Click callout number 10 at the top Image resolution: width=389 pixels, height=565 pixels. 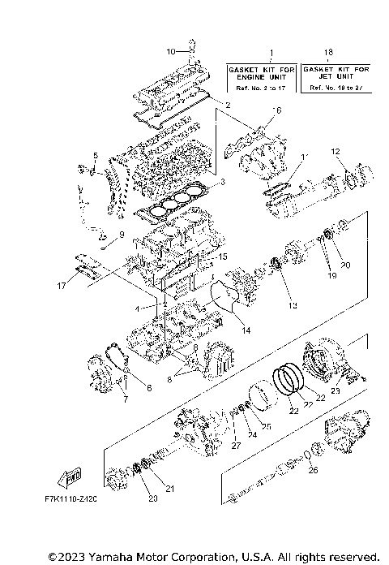(170, 52)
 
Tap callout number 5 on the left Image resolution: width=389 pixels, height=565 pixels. (94, 155)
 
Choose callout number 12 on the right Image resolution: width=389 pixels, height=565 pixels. (335, 152)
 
